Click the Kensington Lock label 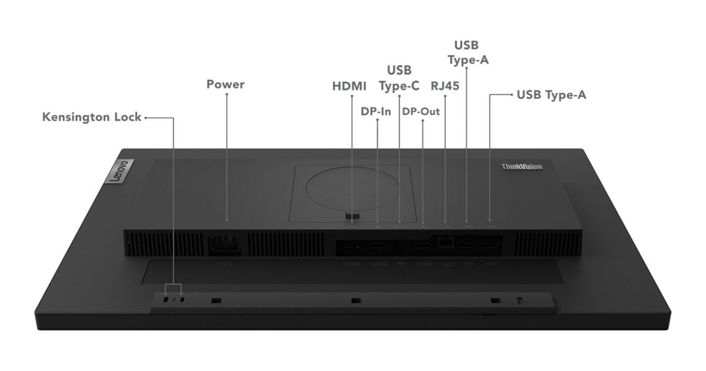(92, 117)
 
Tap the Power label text (225, 84)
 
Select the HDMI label (349, 86)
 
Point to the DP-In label (376, 111)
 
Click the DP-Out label (421, 111)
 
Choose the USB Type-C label (399, 78)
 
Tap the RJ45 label (445, 86)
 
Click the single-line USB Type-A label (552, 95)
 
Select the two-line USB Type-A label (468, 52)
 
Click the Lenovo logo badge (119, 171)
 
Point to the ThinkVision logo (522, 167)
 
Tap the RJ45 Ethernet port (445, 242)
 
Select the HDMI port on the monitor (351, 245)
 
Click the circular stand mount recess (352, 189)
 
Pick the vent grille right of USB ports (548, 244)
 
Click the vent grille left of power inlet (165, 244)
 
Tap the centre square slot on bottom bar (356, 300)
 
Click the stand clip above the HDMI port (352, 216)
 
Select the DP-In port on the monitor (378, 245)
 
